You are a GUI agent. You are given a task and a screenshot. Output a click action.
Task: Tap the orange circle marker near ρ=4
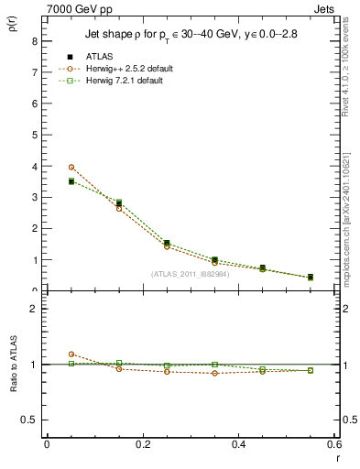(x=71, y=167)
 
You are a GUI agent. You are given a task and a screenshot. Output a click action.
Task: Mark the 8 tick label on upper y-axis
(x=34, y=41)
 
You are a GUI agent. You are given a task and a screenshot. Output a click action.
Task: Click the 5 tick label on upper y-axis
(x=34, y=135)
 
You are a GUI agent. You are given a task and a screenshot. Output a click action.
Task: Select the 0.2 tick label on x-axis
(x=142, y=443)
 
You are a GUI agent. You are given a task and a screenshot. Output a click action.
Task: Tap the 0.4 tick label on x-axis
(x=238, y=443)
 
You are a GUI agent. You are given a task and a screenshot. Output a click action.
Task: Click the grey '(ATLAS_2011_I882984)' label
(x=191, y=274)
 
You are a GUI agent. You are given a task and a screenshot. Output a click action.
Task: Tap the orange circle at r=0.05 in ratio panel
(x=71, y=354)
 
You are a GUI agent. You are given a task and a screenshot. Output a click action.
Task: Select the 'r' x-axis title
(x=336, y=456)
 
